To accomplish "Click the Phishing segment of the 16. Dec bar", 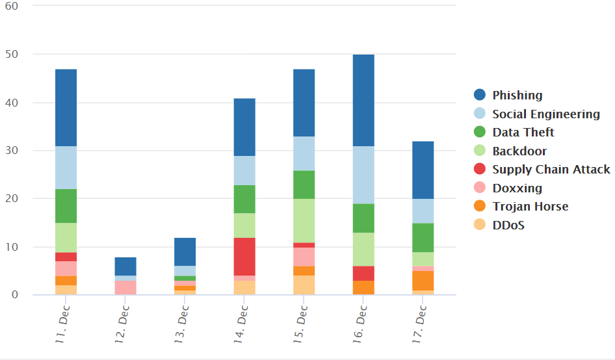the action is click(363, 100).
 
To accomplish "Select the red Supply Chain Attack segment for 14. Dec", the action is click(244, 257).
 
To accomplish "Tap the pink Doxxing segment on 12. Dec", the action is click(125, 287).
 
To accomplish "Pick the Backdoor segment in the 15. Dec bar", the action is click(304, 220).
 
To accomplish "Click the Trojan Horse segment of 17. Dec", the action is click(423, 280).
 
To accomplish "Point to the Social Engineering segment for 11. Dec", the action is click(66, 168).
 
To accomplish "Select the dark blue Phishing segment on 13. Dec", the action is click(185, 251).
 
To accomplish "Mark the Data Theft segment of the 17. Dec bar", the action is click(423, 238).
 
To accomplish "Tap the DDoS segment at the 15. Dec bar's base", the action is click(304, 285).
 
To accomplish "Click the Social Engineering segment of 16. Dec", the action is click(363, 175).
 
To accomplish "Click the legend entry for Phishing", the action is click(508, 95).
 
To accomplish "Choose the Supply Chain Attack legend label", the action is click(551, 170).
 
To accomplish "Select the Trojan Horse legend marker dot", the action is click(480, 206).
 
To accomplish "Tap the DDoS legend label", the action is click(508, 225).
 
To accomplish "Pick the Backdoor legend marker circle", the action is click(480, 151).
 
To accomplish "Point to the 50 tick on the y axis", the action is click(12, 54).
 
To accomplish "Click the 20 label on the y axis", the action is click(12, 198).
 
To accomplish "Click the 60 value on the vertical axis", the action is click(12, 6).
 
